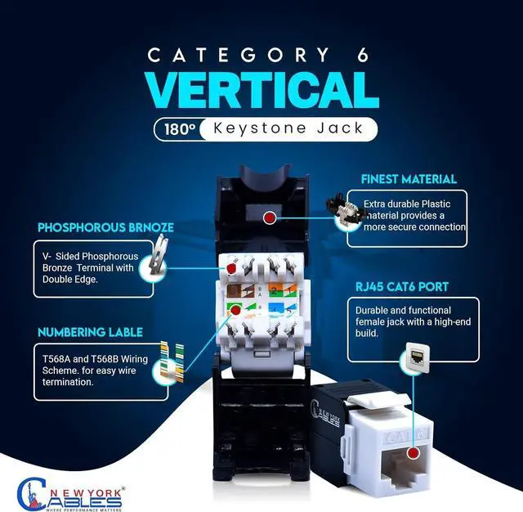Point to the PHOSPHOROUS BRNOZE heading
click(x=93, y=228)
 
